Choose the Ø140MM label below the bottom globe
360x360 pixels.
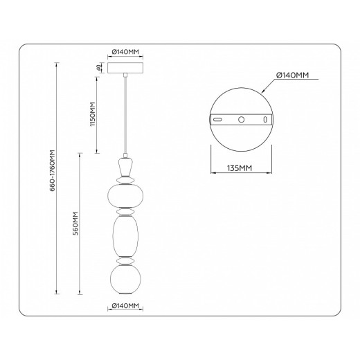click(x=125, y=305)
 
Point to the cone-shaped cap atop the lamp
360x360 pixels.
click(x=125, y=167)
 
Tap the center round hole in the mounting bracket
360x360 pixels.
click(x=242, y=120)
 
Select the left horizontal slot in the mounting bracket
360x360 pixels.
click(x=218, y=120)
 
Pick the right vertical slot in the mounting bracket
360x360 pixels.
click(x=264, y=120)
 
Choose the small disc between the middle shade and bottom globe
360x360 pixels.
click(x=125, y=260)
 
